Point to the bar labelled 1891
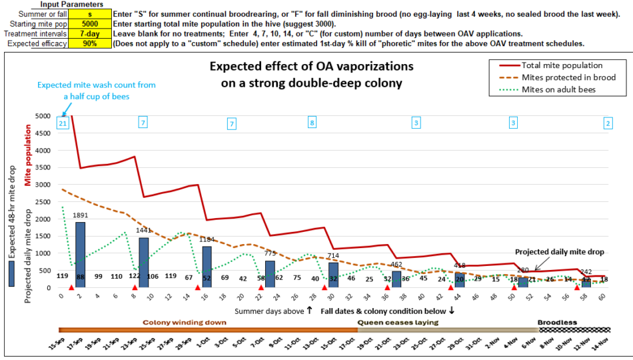80,255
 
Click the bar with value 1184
207,267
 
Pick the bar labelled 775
270,274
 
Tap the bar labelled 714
333,275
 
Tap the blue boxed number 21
63,123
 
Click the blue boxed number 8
312,123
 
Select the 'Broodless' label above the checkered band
557,322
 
